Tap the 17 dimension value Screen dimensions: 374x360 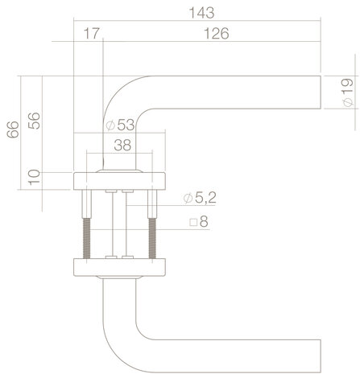click(x=91, y=34)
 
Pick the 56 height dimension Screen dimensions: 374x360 click(x=34, y=121)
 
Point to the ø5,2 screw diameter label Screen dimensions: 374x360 click(x=198, y=197)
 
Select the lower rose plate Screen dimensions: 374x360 click(x=120, y=265)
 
